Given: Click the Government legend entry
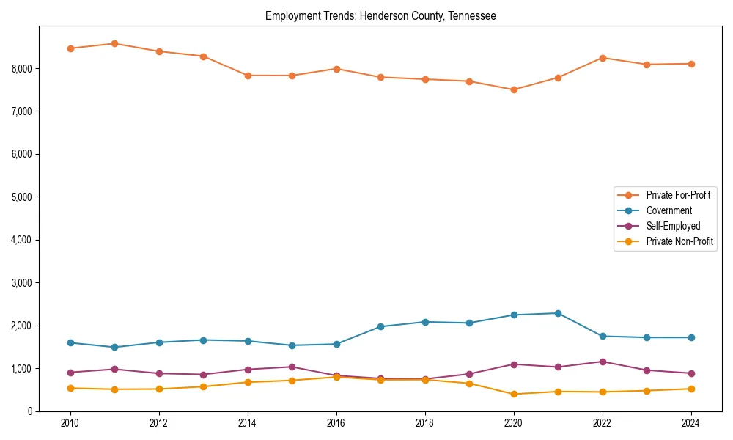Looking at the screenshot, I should coord(668,210).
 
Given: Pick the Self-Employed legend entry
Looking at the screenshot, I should coord(673,226).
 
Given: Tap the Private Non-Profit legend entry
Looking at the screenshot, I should coord(679,241).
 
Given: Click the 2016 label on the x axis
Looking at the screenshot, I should coord(336,423).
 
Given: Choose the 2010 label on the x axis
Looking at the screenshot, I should coord(70,423).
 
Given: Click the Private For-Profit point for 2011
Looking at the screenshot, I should coord(115,43).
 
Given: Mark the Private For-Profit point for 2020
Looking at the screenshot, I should coord(514,89).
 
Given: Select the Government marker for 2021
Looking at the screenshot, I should coord(558,313).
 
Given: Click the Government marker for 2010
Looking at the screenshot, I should coord(70,342).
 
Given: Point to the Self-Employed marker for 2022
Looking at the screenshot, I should coord(603,362).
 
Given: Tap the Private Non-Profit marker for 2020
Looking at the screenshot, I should coord(514,394).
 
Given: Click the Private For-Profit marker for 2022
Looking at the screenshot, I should coord(603,58).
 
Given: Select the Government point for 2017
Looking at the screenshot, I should coord(380,326).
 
